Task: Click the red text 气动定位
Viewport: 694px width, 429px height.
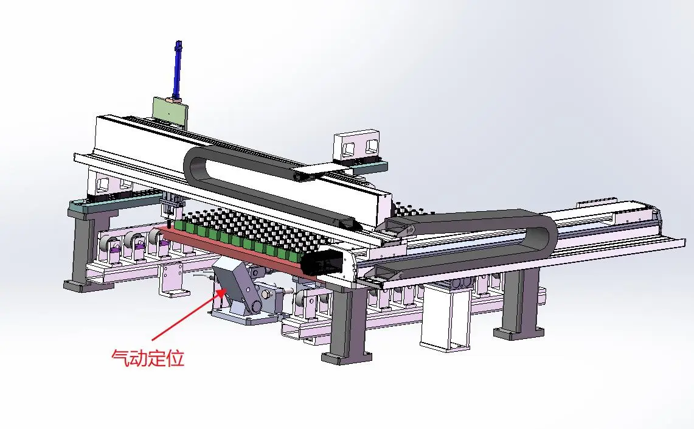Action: tap(147, 358)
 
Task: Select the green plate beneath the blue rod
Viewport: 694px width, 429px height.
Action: tap(170, 111)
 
